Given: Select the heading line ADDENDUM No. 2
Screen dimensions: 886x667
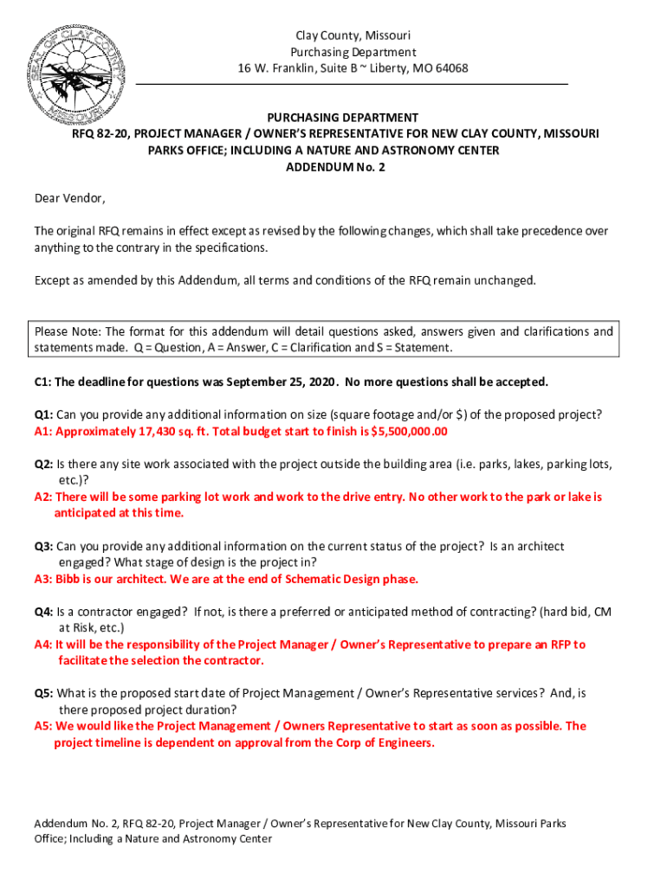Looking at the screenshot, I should click(x=335, y=167).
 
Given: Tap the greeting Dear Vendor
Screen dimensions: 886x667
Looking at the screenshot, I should click(x=69, y=199).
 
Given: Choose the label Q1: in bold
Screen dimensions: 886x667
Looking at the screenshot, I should click(x=44, y=414).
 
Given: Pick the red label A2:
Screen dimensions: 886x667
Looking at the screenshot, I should click(x=43, y=497).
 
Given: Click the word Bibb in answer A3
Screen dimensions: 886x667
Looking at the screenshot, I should click(x=71, y=579).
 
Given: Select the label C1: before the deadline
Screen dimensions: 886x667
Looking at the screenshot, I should click(x=44, y=382).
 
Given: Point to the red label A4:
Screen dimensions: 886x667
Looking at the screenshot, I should click(x=43, y=645).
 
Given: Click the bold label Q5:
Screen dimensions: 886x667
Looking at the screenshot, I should click(x=44, y=693).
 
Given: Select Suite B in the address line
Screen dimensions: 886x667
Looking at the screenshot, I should click(x=319, y=68).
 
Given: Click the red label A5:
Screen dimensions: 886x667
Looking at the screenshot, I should click(x=43, y=726).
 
